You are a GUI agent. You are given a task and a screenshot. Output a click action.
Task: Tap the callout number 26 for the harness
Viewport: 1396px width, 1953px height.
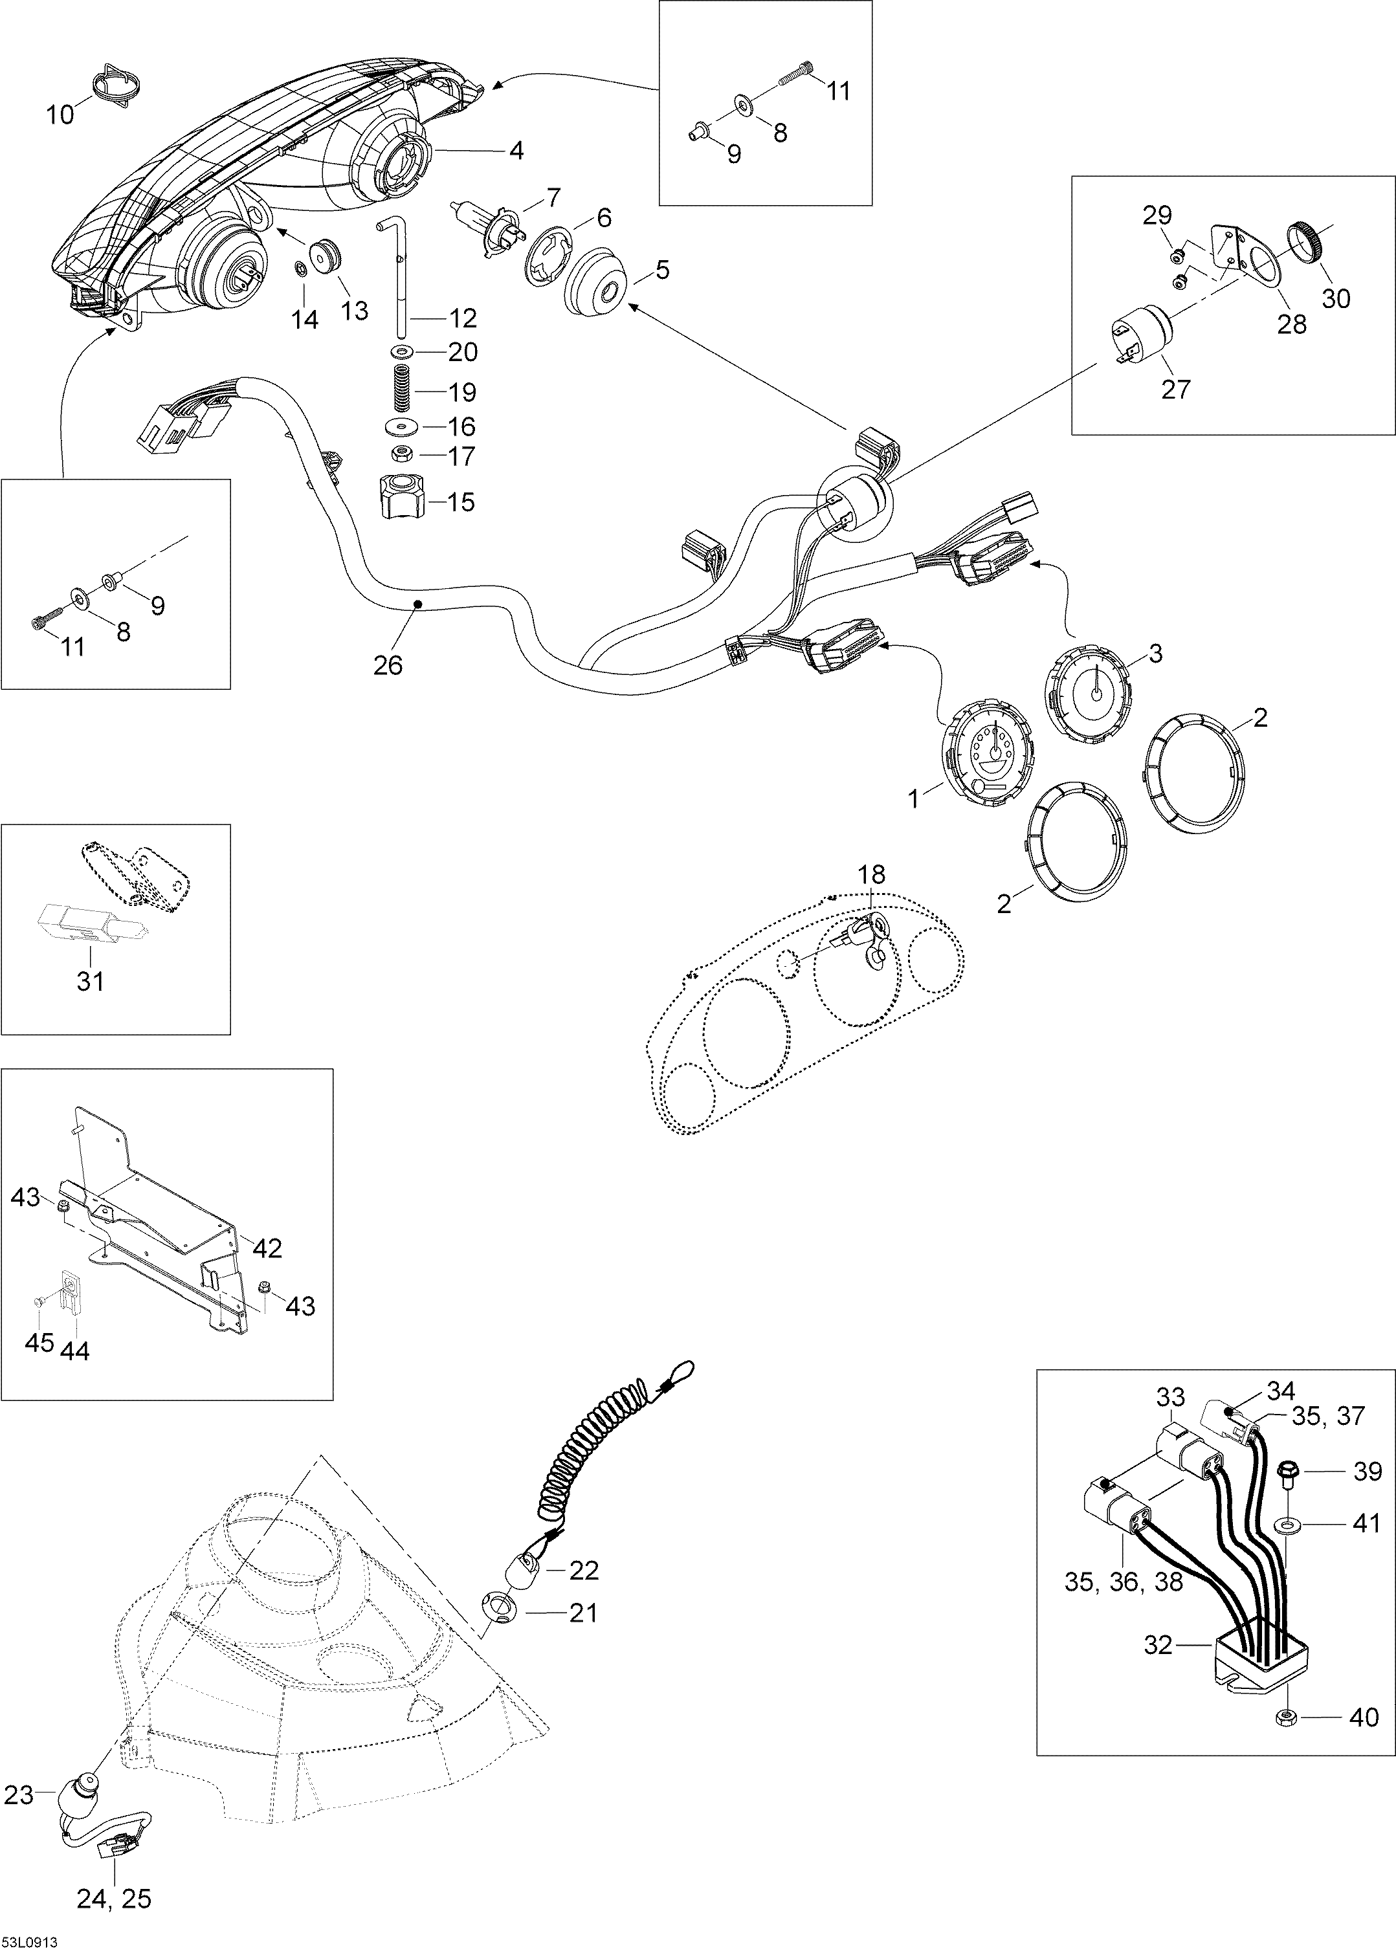click(388, 665)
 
